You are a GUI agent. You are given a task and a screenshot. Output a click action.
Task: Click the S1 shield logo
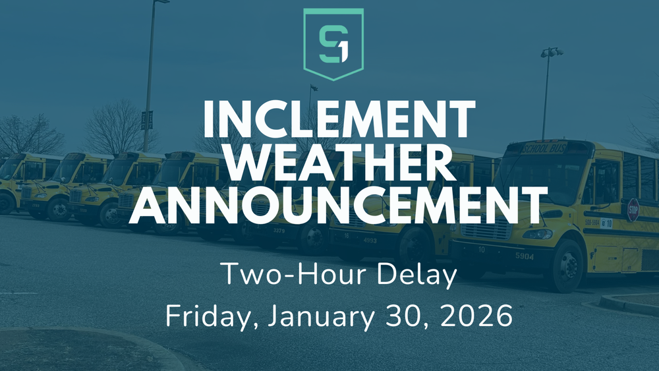tap(333, 43)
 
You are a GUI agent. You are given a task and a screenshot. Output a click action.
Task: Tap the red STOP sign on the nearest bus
tap(633, 209)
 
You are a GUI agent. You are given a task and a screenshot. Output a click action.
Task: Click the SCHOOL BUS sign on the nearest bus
tap(544, 147)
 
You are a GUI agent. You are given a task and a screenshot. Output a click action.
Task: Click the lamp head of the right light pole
tap(552, 51)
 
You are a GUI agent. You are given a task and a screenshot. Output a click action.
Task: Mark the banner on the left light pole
tap(147, 119)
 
